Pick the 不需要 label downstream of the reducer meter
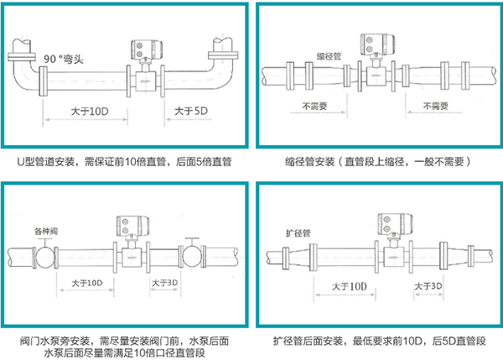(x=437, y=107)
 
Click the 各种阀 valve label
(x=47, y=229)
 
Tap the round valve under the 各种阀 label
(x=47, y=253)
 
